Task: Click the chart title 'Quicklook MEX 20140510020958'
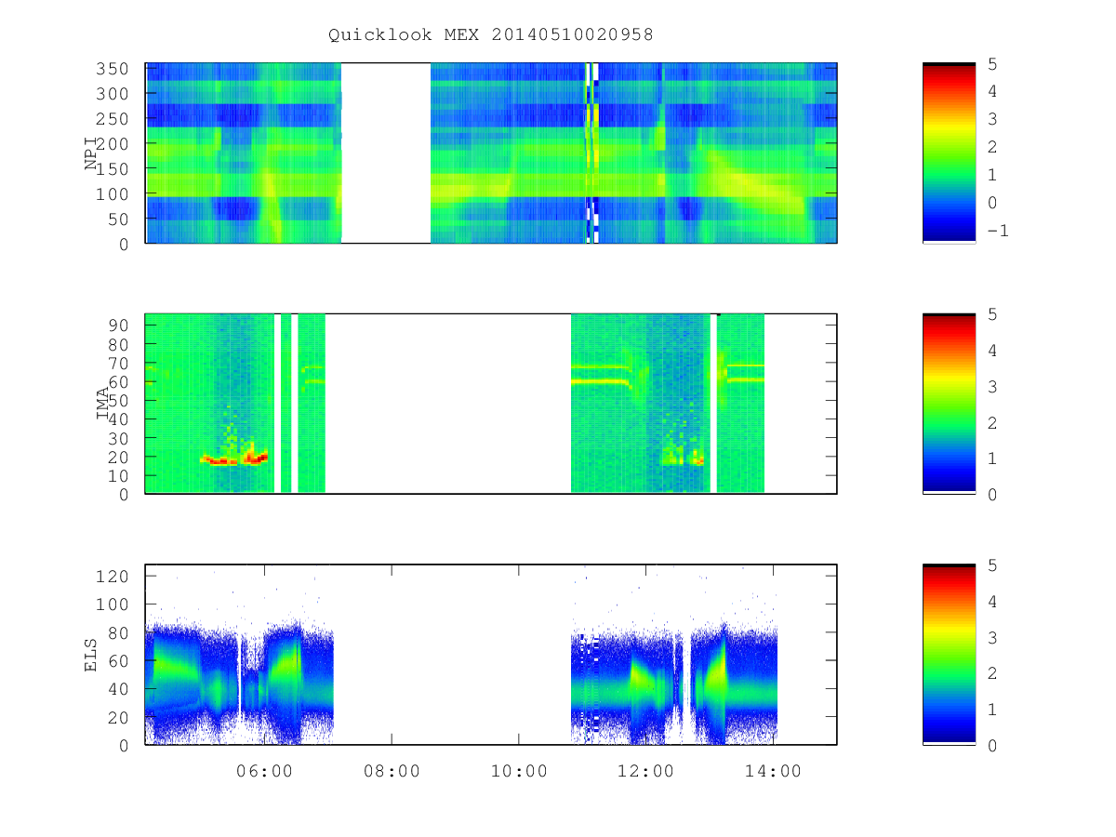click(490, 34)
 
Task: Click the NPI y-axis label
click(90, 153)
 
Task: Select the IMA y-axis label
click(102, 403)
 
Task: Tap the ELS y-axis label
click(90, 655)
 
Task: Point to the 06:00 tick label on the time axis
click(264, 771)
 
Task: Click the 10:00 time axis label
click(519, 771)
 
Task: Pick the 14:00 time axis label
click(773, 771)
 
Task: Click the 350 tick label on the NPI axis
click(112, 68)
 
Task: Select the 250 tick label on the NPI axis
click(112, 118)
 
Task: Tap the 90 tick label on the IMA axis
click(118, 325)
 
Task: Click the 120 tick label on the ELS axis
click(112, 577)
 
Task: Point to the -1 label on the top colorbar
click(998, 231)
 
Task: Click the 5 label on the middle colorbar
click(992, 314)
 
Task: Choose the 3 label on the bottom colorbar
click(992, 637)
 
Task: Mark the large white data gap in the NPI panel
click(386, 153)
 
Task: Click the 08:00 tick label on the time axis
click(392, 771)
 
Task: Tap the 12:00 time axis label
click(645, 771)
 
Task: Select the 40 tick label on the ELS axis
click(118, 688)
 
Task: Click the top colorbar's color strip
click(949, 153)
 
